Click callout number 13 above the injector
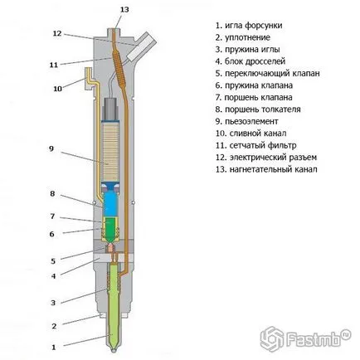pyautogui.click(x=124, y=10)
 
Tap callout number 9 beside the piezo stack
pyautogui.click(x=51, y=148)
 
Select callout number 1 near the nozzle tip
pyautogui.click(x=54, y=347)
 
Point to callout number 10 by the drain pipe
pyautogui.click(x=57, y=89)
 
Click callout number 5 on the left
pyautogui.click(x=53, y=260)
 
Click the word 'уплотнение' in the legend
pyautogui.click(x=248, y=37)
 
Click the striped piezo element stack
pyautogui.click(x=111, y=152)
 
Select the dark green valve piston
pyautogui.click(x=111, y=229)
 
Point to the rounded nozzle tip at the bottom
pyautogui.click(x=114, y=350)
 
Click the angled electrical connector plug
pyautogui.click(x=141, y=47)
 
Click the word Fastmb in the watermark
pyautogui.click(x=314, y=338)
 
